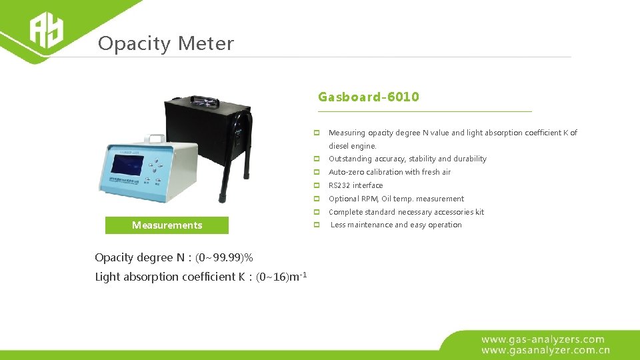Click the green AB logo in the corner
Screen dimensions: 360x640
(x=45, y=31)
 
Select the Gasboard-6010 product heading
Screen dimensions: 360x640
(x=369, y=97)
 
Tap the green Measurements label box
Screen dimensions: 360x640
(x=167, y=225)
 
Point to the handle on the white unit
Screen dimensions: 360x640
(x=157, y=139)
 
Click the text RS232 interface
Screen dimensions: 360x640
(x=355, y=185)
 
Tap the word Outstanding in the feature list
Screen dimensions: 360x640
(x=350, y=159)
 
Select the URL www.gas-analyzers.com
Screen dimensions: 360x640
(x=543, y=339)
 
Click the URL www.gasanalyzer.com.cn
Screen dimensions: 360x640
(x=545, y=349)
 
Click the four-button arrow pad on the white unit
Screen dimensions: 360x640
(x=157, y=167)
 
